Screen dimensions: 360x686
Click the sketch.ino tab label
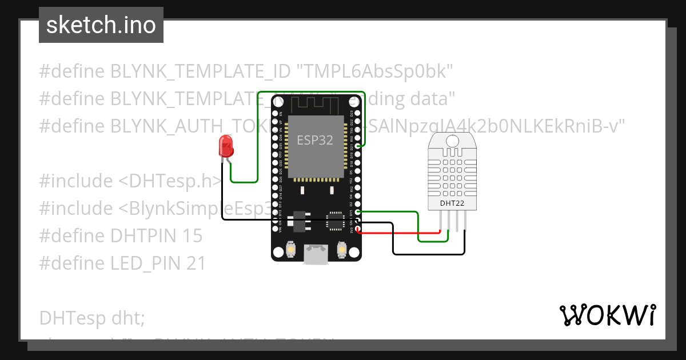[101, 25]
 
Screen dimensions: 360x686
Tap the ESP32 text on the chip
[315, 141]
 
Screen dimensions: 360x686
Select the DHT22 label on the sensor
[452, 203]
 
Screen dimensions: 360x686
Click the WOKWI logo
[607, 315]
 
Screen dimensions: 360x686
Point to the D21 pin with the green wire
[358, 146]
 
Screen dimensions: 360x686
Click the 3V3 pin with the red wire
[358, 230]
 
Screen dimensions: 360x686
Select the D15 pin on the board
[358, 213]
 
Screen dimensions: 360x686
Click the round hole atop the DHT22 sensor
[452, 139]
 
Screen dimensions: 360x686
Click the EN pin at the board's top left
[276, 113]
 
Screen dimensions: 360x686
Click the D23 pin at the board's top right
[358, 113]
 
